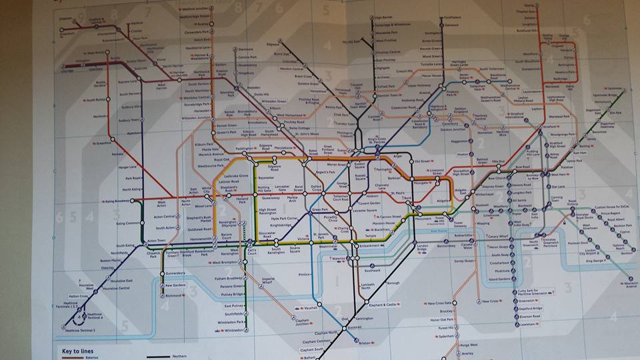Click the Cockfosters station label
[434, 17]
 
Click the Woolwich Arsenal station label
[630, 285]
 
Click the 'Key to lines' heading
[80, 351]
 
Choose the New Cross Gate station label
[439, 303]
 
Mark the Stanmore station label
[245, 50]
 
